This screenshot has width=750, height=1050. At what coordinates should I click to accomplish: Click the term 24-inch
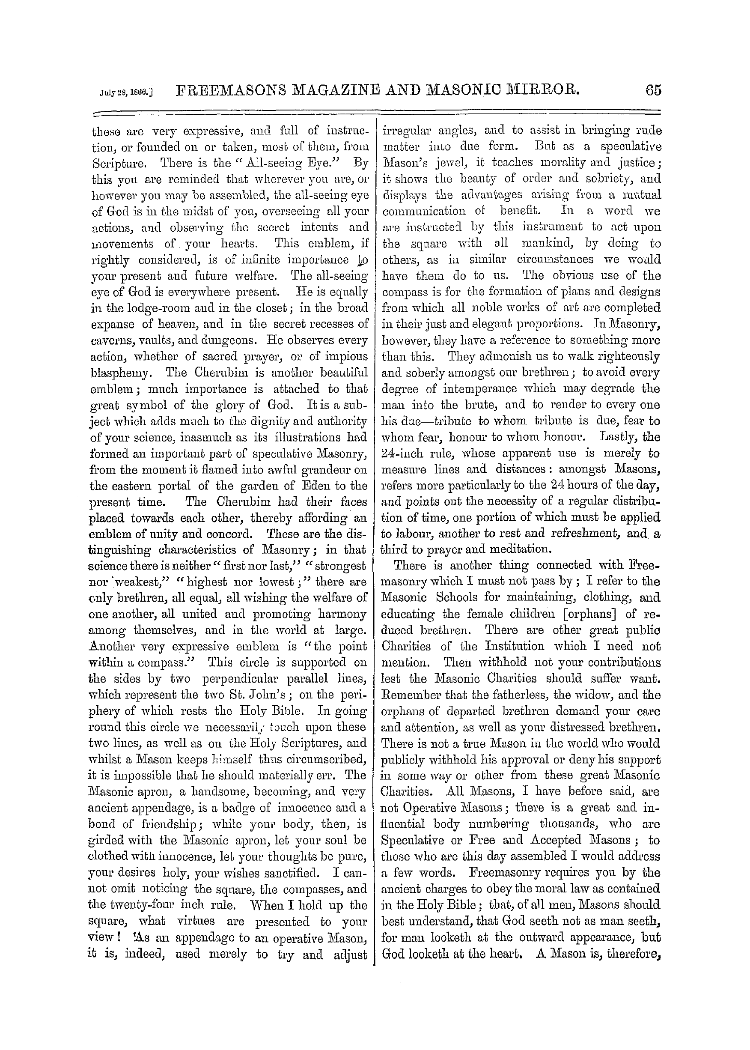[410, 453]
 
